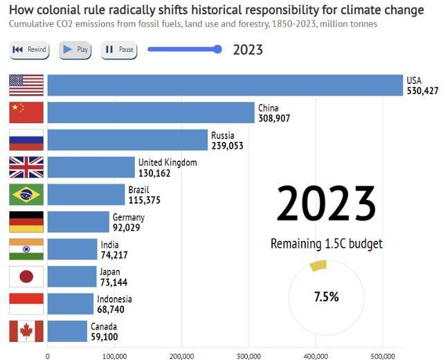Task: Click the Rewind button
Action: click(x=29, y=50)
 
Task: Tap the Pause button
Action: click(x=119, y=50)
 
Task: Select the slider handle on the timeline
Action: click(x=218, y=49)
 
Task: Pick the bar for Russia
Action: click(x=127, y=140)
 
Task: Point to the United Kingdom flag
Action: click(x=26, y=168)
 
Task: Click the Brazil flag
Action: click(x=26, y=195)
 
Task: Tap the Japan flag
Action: click(x=26, y=276)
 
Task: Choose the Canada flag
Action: click(x=26, y=331)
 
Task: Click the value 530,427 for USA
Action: click(x=422, y=91)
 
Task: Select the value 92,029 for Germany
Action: click(x=128, y=227)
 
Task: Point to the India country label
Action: click(x=109, y=245)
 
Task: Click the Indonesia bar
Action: click(x=70, y=303)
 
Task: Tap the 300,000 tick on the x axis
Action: click(x=248, y=356)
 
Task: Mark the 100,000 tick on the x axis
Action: click(x=114, y=356)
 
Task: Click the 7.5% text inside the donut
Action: click(x=326, y=296)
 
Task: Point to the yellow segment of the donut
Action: click(x=318, y=265)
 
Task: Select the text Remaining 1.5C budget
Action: click(x=326, y=244)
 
